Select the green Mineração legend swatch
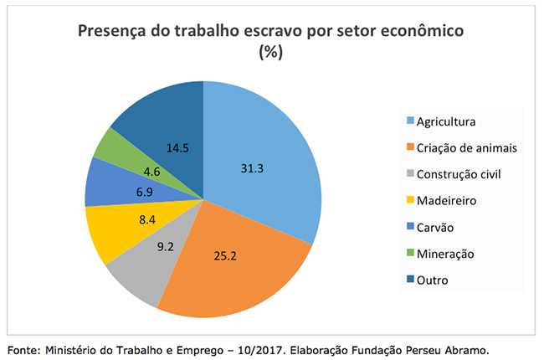coord(409,254)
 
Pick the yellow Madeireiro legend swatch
coord(409,201)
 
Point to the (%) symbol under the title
coord(272,52)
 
